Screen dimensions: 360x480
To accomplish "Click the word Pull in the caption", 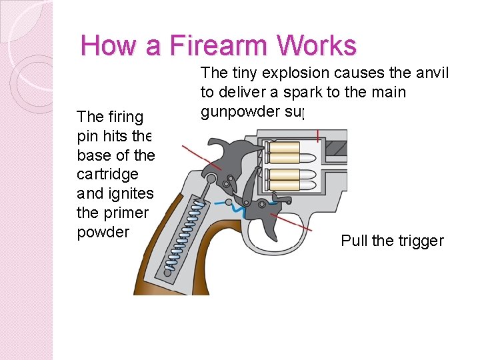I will tap(354, 241).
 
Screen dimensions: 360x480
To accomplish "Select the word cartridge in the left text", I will tap(107, 174).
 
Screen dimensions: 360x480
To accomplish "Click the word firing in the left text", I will tap(119, 117).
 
